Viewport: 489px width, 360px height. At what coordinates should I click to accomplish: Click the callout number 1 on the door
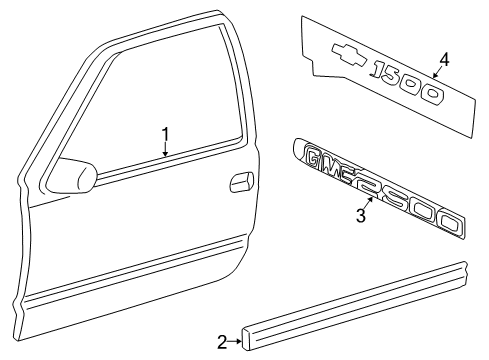pos(167,133)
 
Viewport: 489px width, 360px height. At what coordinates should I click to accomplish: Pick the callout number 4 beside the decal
pos(443,58)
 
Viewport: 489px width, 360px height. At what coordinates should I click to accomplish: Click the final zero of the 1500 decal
pos(432,96)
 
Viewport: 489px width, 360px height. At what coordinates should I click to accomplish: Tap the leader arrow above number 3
pos(369,201)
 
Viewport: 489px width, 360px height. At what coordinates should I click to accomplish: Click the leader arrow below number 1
pos(167,150)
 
